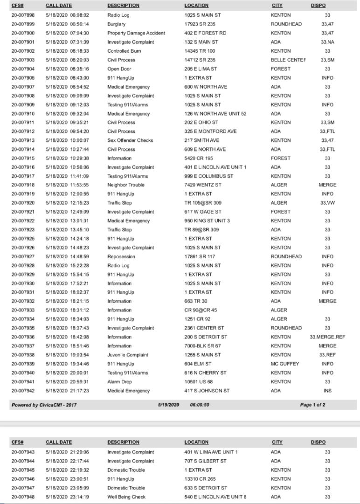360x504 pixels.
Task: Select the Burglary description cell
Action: point(117,24)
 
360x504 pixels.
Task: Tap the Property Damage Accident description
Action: point(136,33)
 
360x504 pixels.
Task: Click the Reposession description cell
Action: point(121,256)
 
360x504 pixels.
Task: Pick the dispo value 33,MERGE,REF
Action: point(327,337)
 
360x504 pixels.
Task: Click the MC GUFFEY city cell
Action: point(284,364)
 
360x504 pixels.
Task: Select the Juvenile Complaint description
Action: point(128,355)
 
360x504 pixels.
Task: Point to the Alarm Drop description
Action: point(119,382)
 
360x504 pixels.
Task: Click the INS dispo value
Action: point(327,391)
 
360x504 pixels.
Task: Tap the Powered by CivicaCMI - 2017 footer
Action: point(44,405)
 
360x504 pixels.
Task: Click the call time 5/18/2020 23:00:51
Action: point(67,479)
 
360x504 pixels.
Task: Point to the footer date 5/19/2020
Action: point(169,405)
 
